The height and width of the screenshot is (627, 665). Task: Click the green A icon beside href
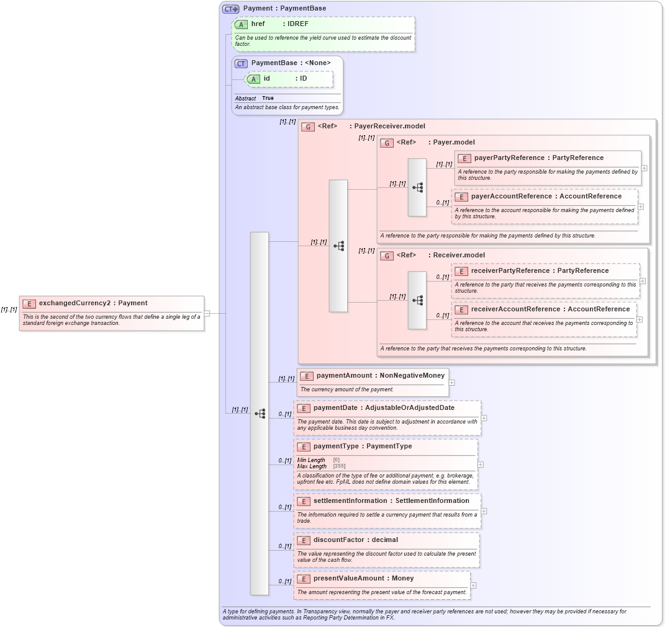coord(242,24)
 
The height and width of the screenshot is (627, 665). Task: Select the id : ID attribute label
coord(285,79)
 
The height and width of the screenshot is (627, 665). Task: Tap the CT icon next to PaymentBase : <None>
coord(241,63)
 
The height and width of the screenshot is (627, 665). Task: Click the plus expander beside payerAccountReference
coord(641,207)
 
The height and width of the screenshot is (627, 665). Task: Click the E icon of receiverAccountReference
coord(461,309)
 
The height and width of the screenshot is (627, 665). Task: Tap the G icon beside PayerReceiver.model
coord(307,127)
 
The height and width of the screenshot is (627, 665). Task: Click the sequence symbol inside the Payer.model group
coord(417,187)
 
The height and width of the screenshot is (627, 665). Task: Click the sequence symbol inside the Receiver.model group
coord(417,300)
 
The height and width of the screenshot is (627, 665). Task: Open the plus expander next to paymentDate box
coord(484,417)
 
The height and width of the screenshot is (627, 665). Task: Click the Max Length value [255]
coord(339,466)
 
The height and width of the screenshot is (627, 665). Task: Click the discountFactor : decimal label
coord(355,540)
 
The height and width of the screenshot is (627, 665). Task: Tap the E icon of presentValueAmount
coord(304,579)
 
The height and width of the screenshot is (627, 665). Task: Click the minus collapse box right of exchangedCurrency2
coord(207,313)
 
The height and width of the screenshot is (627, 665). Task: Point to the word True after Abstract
coord(268,98)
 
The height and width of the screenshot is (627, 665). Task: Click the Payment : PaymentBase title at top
coord(284,9)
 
